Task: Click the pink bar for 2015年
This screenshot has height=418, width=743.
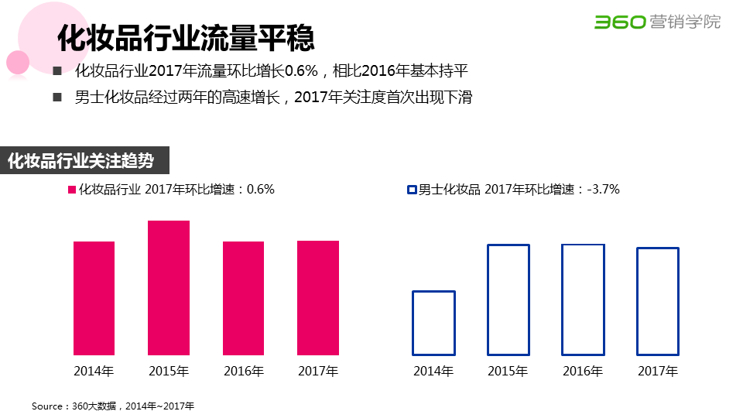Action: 169,288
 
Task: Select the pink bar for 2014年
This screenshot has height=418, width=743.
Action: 94,298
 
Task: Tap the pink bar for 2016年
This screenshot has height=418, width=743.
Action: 243,298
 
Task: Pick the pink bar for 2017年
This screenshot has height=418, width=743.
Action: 318,298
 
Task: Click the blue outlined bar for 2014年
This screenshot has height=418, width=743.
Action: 433,323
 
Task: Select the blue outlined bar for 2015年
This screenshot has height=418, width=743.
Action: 508,300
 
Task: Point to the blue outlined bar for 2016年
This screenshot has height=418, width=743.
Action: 583,300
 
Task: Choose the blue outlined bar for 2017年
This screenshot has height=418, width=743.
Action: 658,301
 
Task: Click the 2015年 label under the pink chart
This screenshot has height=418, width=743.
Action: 169,371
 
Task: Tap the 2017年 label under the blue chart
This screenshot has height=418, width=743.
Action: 658,372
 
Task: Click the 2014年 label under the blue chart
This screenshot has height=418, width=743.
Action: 433,372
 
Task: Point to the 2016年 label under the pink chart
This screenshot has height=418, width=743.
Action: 243,371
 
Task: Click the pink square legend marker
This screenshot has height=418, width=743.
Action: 72,190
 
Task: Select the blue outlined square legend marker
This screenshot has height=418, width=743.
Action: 412,190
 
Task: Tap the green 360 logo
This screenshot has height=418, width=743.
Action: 619,22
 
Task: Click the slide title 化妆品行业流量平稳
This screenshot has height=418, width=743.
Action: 186,37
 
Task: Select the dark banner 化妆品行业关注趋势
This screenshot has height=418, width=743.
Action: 81,161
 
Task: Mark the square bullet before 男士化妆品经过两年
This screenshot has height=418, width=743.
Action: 56,98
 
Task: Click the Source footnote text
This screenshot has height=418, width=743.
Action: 113,406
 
